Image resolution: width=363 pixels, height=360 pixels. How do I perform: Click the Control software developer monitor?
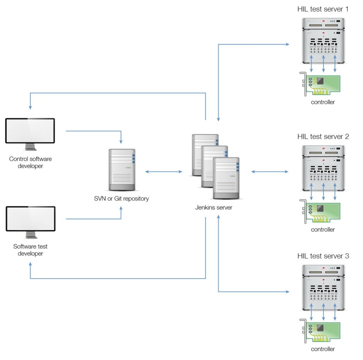[x=30, y=134]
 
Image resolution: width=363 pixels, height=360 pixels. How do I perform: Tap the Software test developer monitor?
[x=30, y=222]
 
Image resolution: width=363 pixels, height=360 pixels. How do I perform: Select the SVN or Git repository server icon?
[x=122, y=170]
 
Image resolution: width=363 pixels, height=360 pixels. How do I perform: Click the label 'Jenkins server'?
[x=214, y=207]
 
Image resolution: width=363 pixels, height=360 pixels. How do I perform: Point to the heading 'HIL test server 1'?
[x=323, y=9]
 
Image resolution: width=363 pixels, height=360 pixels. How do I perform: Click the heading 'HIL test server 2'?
[x=323, y=136]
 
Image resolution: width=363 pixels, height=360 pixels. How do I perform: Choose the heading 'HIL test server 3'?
[x=323, y=256]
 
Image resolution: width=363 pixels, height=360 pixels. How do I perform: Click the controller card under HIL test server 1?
[x=320, y=84]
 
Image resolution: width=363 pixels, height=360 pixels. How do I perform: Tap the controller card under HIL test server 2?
[x=320, y=211]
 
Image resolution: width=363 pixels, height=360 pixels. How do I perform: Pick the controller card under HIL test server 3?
[x=320, y=331]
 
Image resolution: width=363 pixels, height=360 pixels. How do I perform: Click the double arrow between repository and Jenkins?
[x=164, y=171]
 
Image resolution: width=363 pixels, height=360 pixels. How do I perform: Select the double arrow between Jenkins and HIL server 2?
[x=270, y=171]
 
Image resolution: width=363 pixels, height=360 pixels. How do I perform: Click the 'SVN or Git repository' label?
[x=122, y=198]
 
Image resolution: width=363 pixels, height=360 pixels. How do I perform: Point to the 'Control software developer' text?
[x=30, y=162]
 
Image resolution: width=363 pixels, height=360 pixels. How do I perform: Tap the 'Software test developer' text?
[x=30, y=250]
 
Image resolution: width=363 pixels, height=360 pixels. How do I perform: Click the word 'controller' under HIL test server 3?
[x=323, y=349]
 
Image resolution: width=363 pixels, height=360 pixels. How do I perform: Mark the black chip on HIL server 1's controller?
[x=320, y=81]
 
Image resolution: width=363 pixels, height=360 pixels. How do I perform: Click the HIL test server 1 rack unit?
[x=323, y=40]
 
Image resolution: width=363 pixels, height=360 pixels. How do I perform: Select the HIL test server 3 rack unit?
[x=323, y=288]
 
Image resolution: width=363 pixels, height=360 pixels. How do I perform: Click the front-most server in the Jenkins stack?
[x=226, y=178]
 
